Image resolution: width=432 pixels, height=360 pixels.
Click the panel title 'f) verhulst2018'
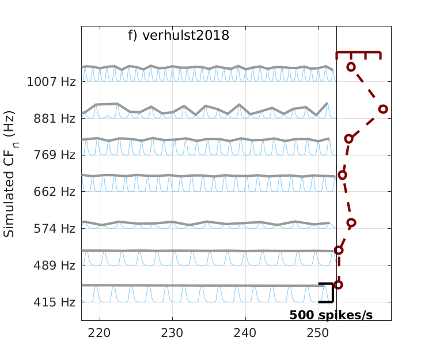tap(179, 36)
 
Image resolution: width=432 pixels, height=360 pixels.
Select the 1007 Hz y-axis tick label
tap(51, 81)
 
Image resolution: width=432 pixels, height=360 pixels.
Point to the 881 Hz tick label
tap(55, 119)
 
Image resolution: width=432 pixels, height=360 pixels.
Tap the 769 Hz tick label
tap(55, 155)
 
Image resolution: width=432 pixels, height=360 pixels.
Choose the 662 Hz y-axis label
tap(55, 191)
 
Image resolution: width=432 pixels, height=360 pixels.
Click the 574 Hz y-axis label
tap(55, 229)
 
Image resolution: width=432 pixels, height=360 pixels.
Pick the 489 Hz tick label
tap(55, 266)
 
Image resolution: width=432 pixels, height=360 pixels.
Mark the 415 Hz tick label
tap(55, 302)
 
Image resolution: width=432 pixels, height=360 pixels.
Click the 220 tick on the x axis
tap(100, 332)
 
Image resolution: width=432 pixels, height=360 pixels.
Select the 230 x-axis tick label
tap(172, 332)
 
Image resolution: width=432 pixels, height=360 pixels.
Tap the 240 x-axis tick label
tap(245, 332)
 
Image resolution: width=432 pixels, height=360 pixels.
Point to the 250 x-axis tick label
tap(318, 332)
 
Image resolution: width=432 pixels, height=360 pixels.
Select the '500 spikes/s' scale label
tap(331, 315)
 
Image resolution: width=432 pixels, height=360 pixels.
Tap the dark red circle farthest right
tap(383, 109)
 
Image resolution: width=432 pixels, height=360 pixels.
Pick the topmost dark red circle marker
tap(351, 67)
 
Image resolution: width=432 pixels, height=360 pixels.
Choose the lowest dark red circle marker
tap(338, 285)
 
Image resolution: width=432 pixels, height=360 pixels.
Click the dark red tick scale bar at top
tap(358, 53)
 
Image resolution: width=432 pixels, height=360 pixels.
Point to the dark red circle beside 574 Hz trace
tap(351, 222)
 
